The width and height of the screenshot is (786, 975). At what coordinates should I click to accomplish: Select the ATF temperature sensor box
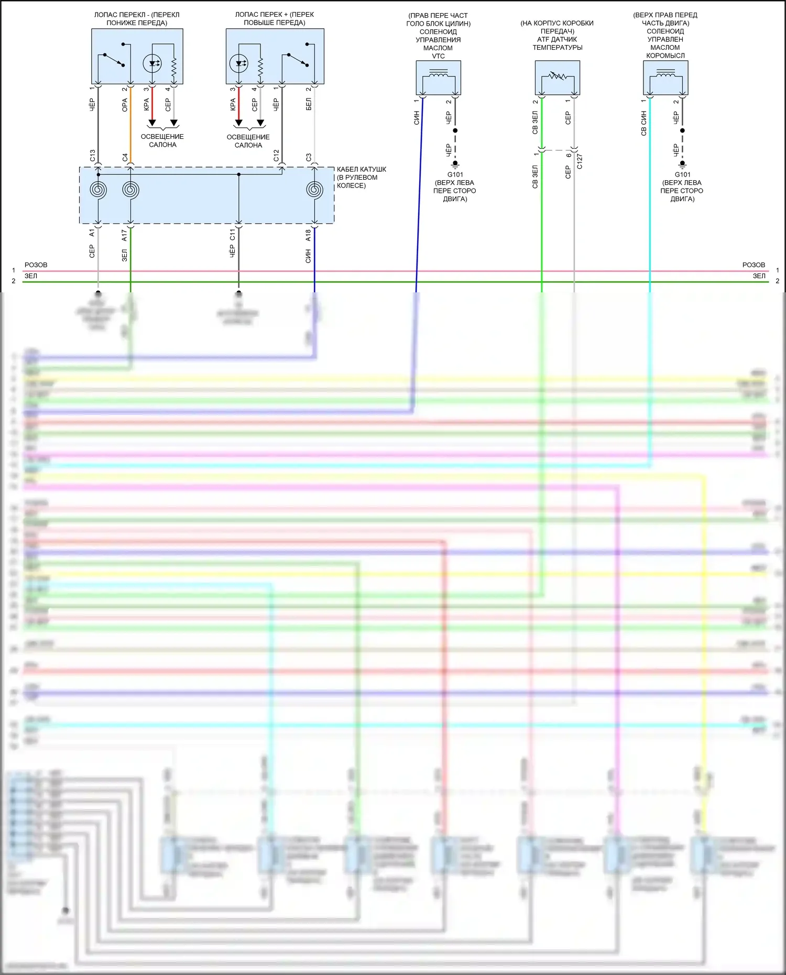tap(557, 78)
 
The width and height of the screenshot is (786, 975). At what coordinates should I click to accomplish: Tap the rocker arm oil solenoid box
tap(665, 78)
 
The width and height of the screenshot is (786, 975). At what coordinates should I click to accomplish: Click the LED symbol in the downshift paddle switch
tap(152, 63)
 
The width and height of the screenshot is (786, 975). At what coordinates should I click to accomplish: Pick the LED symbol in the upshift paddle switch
tap(239, 63)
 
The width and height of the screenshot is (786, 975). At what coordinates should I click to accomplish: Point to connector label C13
tap(92, 156)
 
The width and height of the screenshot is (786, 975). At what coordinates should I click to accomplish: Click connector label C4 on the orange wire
tap(125, 157)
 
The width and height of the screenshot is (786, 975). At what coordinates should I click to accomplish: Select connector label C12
tap(276, 156)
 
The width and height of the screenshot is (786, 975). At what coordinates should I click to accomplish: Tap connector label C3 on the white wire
tap(309, 157)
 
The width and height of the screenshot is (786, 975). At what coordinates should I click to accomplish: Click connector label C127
tap(580, 161)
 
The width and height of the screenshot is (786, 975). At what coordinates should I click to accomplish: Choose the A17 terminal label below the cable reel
tap(124, 235)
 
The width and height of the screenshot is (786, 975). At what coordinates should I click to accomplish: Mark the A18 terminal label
tap(308, 235)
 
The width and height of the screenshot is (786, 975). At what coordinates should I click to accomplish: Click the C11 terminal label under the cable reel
tap(232, 235)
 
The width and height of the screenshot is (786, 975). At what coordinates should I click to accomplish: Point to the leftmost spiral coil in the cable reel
tap(98, 189)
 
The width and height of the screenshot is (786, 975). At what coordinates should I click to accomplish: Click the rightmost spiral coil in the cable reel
tap(314, 189)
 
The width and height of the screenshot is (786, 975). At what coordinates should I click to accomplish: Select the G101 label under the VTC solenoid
tap(455, 174)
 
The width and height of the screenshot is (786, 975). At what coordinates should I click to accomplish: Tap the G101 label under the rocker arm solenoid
tap(682, 174)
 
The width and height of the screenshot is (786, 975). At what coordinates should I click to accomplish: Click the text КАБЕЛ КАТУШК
tap(361, 169)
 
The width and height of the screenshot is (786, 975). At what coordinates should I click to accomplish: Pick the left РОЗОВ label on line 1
tap(36, 265)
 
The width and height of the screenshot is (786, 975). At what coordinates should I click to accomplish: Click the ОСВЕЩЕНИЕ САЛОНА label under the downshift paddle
tap(162, 140)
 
